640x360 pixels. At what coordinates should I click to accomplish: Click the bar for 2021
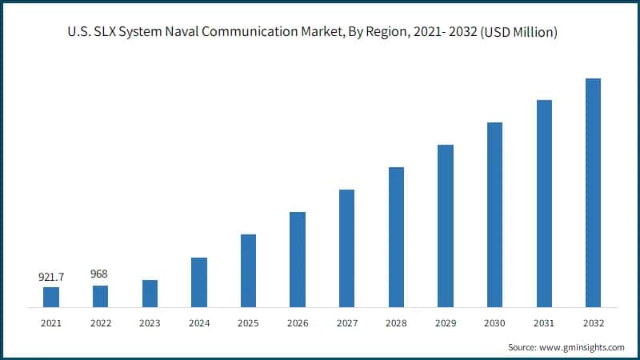(x=51, y=297)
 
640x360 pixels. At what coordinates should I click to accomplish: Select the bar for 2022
(x=100, y=296)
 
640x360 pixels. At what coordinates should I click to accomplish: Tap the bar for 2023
(x=150, y=294)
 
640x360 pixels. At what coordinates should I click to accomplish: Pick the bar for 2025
(x=248, y=270)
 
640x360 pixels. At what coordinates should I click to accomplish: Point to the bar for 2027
(x=346, y=248)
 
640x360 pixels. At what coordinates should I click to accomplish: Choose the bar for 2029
(x=445, y=226)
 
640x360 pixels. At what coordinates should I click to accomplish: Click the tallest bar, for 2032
(x=593, y=193)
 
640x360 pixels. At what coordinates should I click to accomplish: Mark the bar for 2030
(x=494, y=214)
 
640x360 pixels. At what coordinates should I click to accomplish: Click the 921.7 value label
(x=51, y=277)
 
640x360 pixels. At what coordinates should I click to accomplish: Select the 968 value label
(x=100, y=274)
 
